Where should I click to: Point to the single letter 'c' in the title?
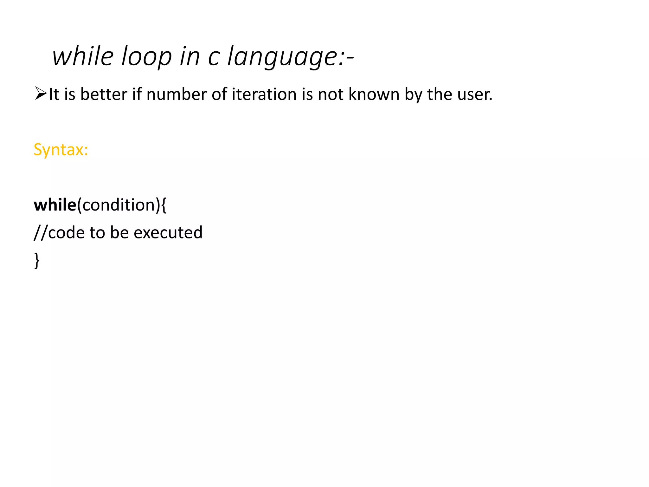pyautogui.click(x=214, y=57)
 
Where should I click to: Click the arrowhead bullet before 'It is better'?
pyautogui.click(x=41, y=94)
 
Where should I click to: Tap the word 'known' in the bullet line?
pyautogui.click(x=374, y=94)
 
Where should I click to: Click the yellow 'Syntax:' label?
pyautogui.click(x=61, y=149)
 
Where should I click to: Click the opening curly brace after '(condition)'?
pyautogui.click(x=164, y=205)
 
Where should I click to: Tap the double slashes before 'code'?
pyautogui.click(x=41, y=233)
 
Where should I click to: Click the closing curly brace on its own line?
pyautogui.click(x=37, y=261)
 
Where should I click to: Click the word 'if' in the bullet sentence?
pyautogui.click(x=137, y=94)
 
